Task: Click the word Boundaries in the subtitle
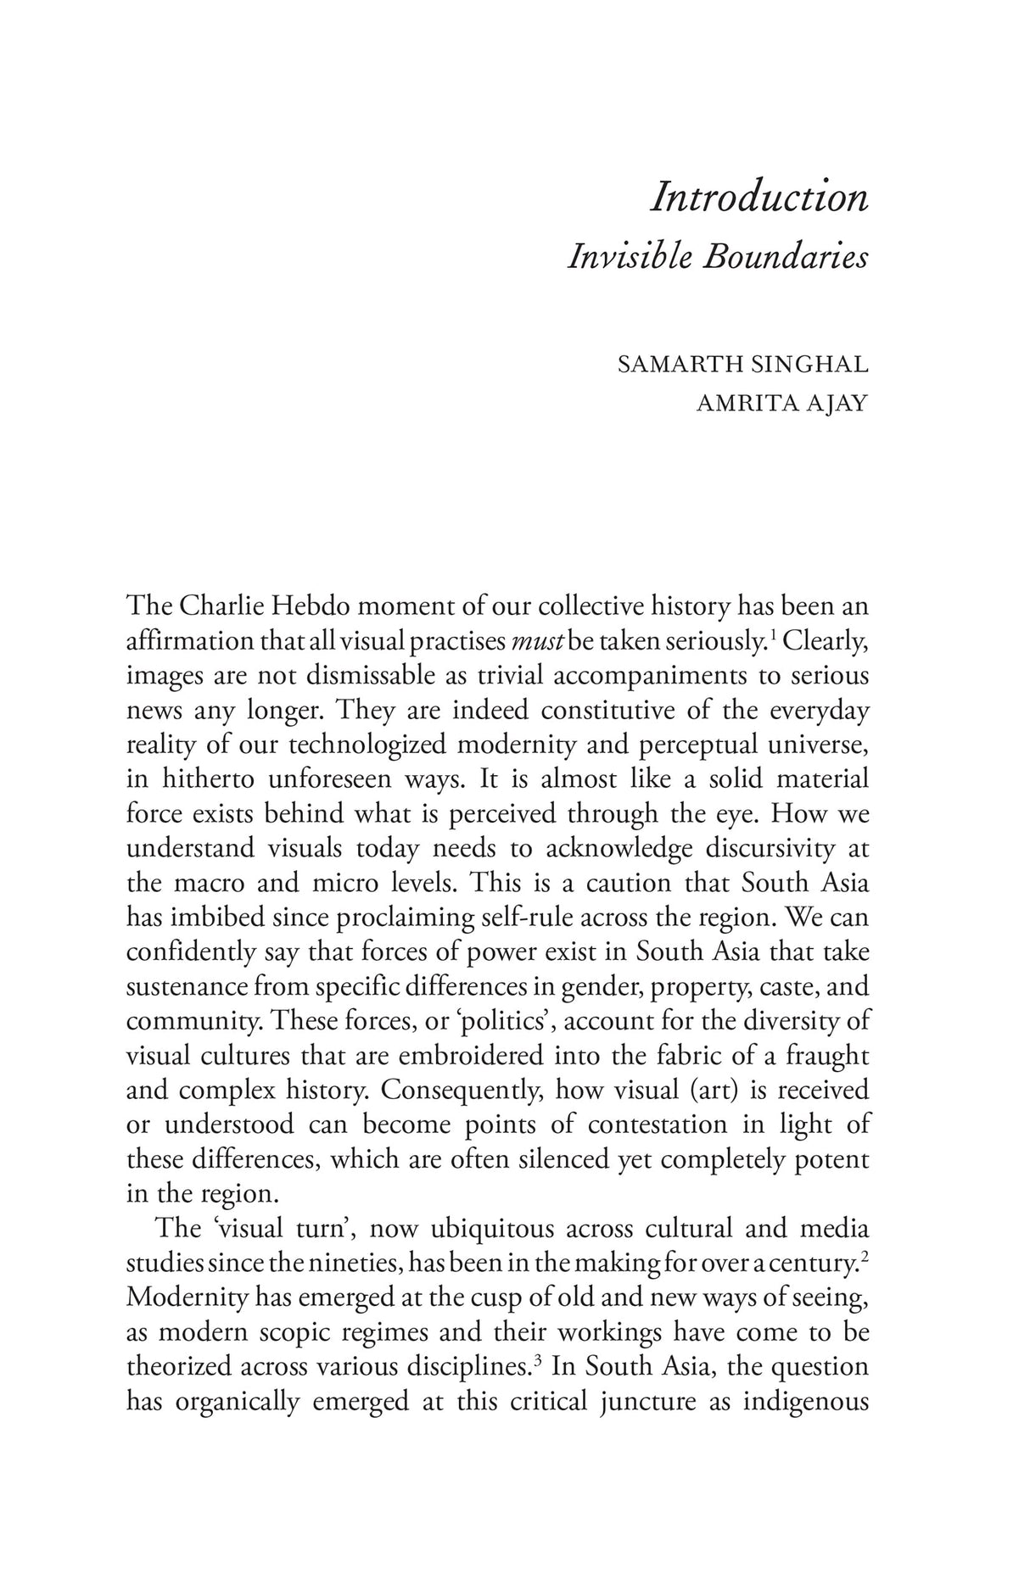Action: coord(786,256)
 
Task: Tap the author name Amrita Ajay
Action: coord(781,403)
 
